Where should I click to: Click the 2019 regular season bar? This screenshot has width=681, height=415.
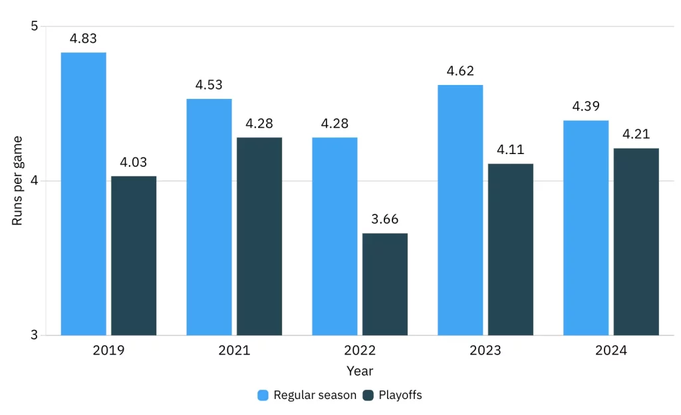pos(83,193)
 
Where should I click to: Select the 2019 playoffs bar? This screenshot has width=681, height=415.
pos(134,256)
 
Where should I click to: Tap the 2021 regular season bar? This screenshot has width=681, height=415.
pos(209,216)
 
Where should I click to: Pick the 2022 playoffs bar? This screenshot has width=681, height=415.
pos(385,284)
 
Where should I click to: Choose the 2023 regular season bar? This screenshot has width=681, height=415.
pos(460,210)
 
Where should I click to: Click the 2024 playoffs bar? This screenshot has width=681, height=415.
pos(636,242)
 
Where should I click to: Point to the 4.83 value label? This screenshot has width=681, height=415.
pos(83,39)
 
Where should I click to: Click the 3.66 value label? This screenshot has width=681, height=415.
pos(385,220)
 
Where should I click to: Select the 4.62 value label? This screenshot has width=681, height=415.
pos(460,71)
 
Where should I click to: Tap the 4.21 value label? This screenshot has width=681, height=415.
pos(636,134)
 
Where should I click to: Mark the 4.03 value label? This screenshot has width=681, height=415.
pos(134,162)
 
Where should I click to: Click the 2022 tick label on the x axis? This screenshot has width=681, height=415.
pos(360,351)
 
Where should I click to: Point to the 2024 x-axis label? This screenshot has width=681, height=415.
pos(611,351)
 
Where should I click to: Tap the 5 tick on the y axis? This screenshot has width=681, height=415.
pos(35,27)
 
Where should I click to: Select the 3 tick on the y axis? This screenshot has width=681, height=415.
pos(35,335)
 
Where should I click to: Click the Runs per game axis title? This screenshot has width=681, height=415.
pos(18,181)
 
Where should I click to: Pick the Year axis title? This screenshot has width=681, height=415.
pos(360,371)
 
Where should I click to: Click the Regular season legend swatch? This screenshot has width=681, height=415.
pos(263,395)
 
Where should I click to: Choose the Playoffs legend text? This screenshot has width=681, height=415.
pos(400,395)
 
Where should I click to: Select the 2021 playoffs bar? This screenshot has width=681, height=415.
pos(259,236)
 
